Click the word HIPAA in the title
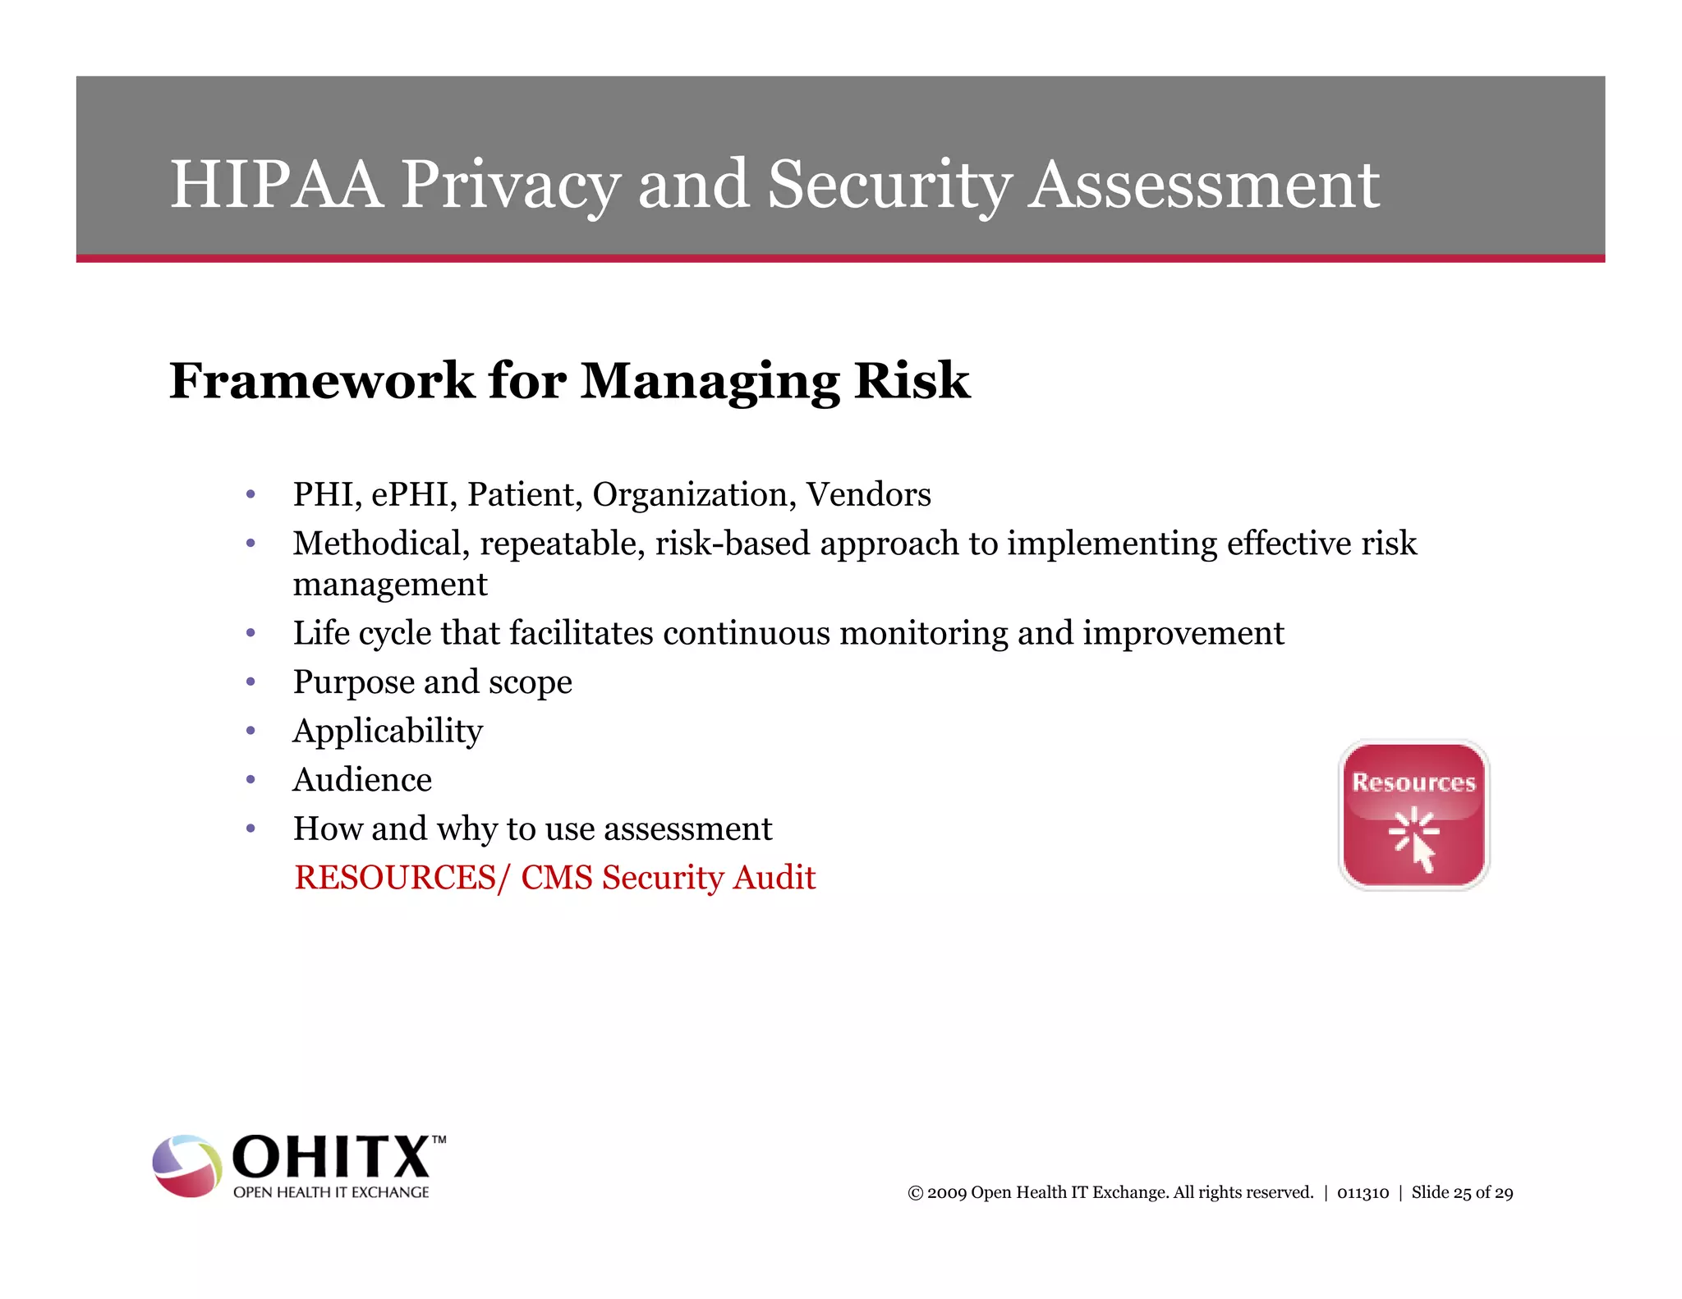pyautogui.click(x=276, y=184)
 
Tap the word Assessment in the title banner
pyautogui.click(x=1204, y=184)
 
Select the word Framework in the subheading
pyautogui.click(x=321, y=381)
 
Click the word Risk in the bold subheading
pyautogui.click(x=912, y=381)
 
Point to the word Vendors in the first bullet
pyautogui.click(x=868, y=494)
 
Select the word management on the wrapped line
pyautogui.click(x=390, y=585)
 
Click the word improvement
pyautogui.click(x=1183, y=633)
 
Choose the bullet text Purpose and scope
pyautogui.click(x=432, y=682)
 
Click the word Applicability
pyautogui.click(x=388, y=731)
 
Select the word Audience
pyautogui.click(x=362, y=780)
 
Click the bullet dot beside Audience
pyautogui.click(x=250, y=779)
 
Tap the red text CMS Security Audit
pyautogui.click(x=668, y=878)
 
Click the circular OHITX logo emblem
pyautogui.click(x=187, y=1166)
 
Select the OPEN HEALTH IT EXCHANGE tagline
pyautogui.click(x=331, y=1192)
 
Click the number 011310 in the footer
pyautogui.click(x=1363, y=1193)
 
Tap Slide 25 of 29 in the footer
pyautogui.click(x=1462, y=1193)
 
